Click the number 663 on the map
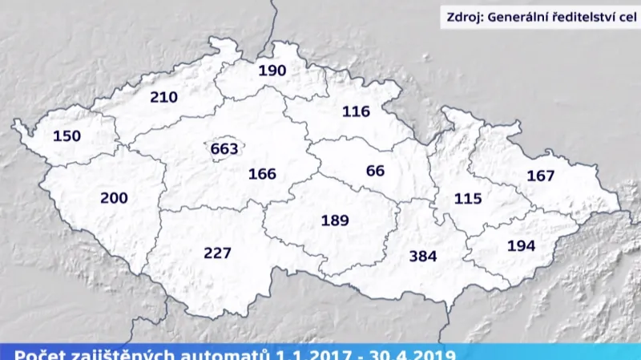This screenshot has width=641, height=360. coord(225,149)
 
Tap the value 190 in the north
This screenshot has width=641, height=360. coord(272,71)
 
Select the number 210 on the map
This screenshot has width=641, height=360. coord(163,98)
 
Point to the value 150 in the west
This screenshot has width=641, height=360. coord(67,136)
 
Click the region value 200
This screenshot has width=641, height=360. coord(114,197)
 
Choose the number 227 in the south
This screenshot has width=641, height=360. coord(217,253)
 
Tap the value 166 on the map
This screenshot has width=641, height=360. coord(262,174)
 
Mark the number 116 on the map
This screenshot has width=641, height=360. coord(356,111)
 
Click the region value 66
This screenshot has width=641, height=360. coord(375,171)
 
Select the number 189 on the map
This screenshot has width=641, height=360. coord(335,220)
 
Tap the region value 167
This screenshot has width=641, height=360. coord(541,176)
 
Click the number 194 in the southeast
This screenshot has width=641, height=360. coord(521,246)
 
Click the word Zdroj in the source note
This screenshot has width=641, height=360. coord(467,16)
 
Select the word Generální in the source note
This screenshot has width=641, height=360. coord(523,16)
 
